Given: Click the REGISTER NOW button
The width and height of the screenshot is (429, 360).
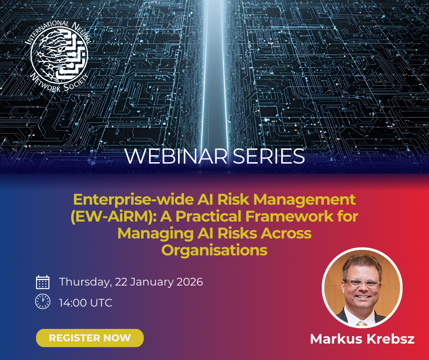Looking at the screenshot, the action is pos(90,338).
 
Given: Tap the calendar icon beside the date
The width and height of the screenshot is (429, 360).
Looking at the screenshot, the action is pos(43,282).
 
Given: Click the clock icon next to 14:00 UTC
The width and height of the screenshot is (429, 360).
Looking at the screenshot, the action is pos(43,302).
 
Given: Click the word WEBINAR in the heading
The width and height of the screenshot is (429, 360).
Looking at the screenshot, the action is pos(176,156).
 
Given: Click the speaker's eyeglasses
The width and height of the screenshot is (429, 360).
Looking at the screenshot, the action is pos(362,283).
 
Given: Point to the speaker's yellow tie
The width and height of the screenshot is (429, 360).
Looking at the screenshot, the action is pos(362,323).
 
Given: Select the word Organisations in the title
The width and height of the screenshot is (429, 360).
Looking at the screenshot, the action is pos(214,250).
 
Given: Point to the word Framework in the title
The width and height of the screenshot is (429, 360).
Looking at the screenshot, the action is pos(289,216).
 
